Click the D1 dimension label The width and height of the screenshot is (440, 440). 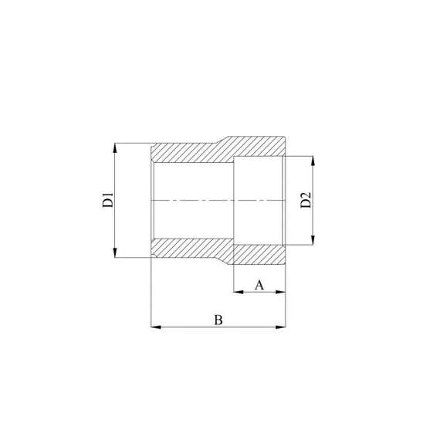point(109,200)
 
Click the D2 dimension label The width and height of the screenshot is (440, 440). point(306,200)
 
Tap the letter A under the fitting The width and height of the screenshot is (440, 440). point(259,285)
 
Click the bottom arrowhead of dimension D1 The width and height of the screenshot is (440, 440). point(115,255)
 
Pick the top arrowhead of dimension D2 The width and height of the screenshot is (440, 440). point(313,160)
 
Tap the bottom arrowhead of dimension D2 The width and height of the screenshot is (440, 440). point(313,241)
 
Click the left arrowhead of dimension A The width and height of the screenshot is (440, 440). point(237,292)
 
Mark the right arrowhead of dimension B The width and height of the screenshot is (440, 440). point(282,328)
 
